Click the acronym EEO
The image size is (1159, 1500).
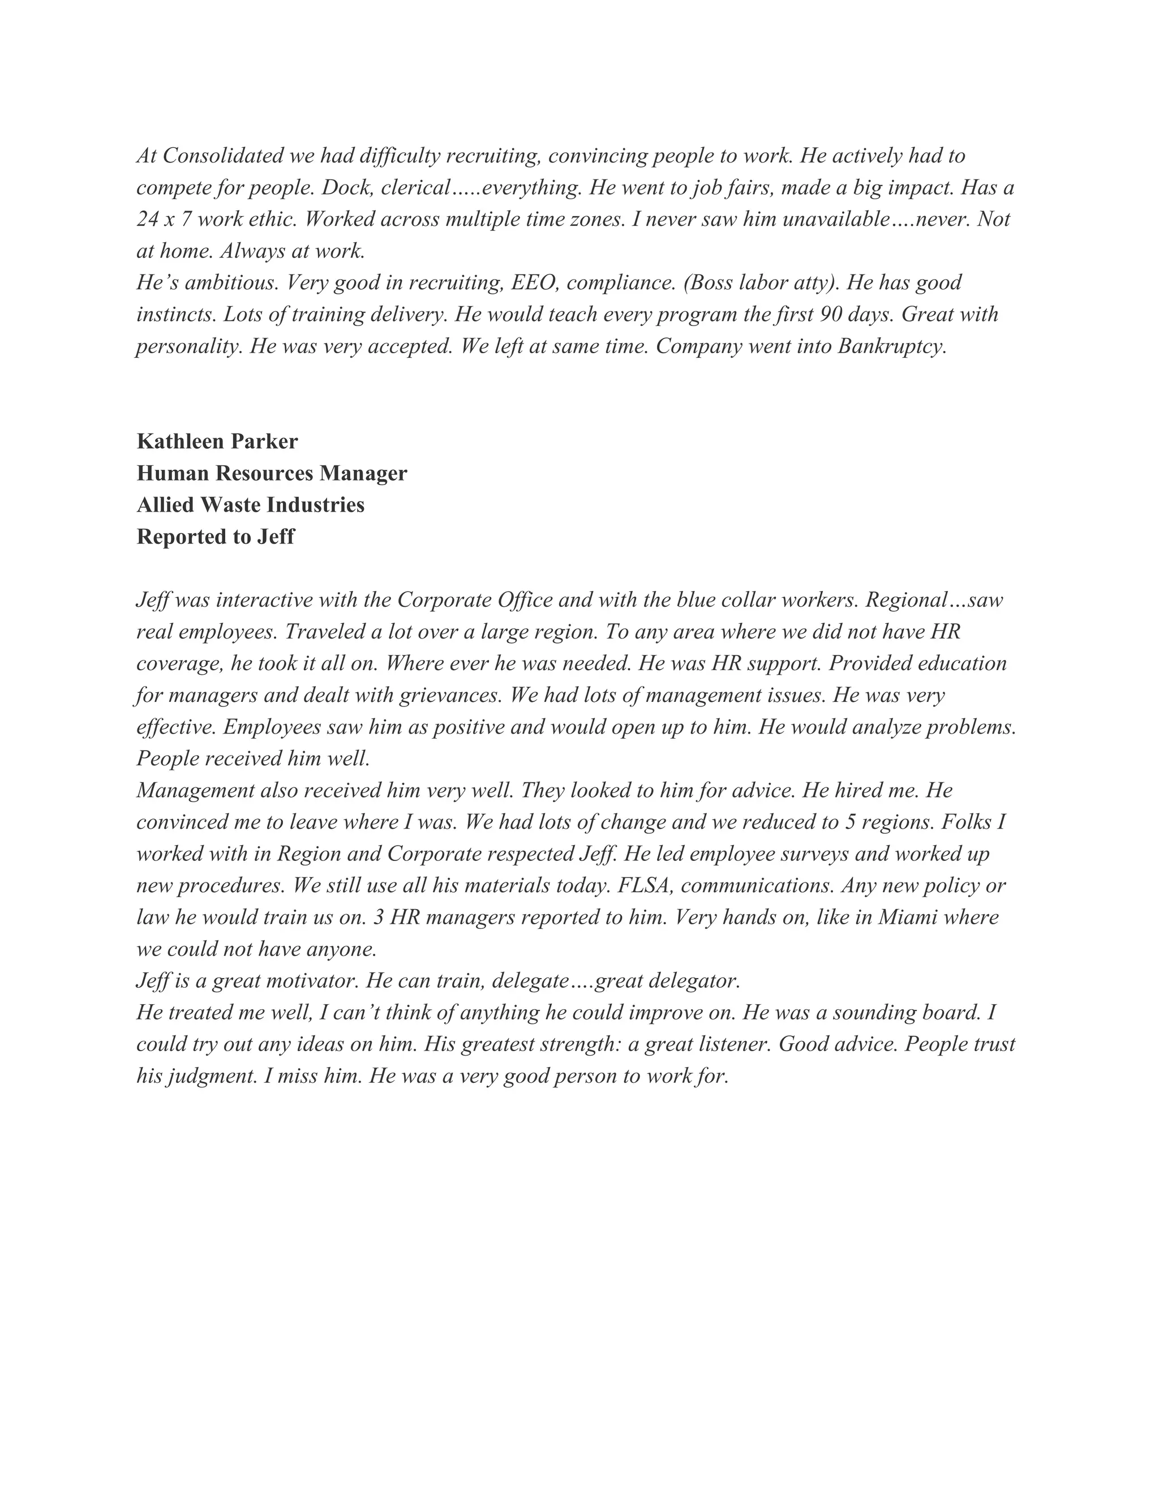534,282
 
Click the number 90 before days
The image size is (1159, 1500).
831,315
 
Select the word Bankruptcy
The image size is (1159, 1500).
892,346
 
